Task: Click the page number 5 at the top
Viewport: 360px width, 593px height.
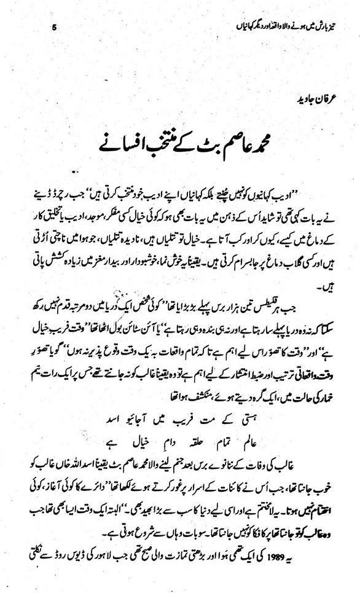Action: (55, 26)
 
